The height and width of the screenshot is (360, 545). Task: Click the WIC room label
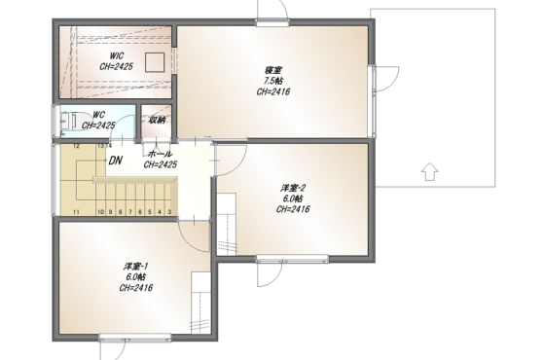point(117,56)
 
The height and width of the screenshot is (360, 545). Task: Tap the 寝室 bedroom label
point(273,70)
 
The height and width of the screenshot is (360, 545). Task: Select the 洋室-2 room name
point(293,189)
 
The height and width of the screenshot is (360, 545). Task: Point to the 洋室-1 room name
point(136,267)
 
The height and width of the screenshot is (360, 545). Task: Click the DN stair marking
point(116,161)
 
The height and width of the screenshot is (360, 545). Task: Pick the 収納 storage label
point(157,121)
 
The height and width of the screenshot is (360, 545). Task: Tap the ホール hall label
point(160,154)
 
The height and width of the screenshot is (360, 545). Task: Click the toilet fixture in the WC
point(69,121)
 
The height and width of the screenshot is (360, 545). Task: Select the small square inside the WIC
point(155,62)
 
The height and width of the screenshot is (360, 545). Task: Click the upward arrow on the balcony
point(429,171)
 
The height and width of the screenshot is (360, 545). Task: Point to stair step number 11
point(76,212)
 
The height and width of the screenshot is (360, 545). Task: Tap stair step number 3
point(169,212)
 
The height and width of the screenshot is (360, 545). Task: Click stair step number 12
point(77,146)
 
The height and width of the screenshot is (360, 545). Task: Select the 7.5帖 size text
point(273,82)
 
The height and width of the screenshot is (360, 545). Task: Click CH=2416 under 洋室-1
point(136,288)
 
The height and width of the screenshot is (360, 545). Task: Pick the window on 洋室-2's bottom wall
point(293,258)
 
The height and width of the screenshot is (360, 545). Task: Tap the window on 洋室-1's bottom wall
point(135,337)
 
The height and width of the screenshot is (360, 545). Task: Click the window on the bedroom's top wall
point(272,22)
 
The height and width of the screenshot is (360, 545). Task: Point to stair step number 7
point(130,212)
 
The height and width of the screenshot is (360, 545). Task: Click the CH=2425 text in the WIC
point(117,67)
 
